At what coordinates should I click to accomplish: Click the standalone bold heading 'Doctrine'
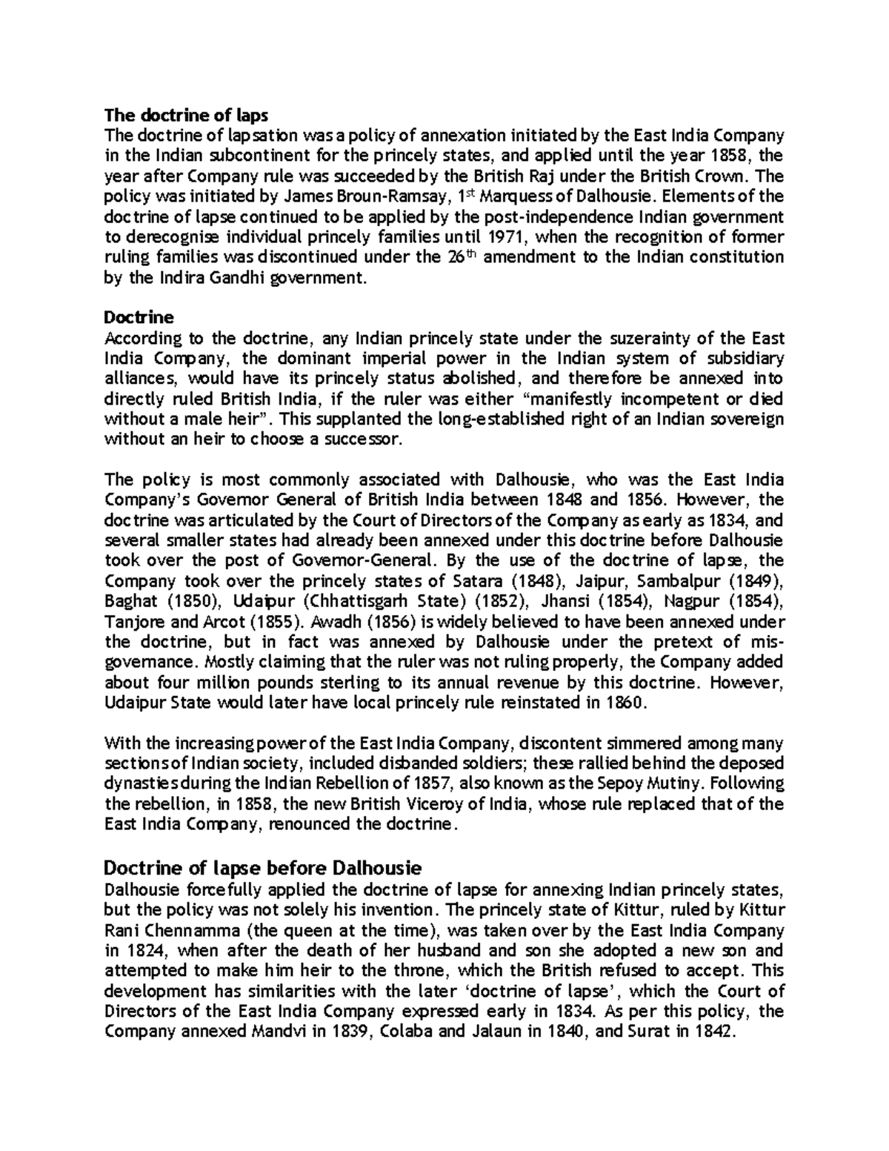[139, 318]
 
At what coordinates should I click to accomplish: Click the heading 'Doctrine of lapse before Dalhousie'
[263, 866]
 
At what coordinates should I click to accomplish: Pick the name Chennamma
[193, 930]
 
